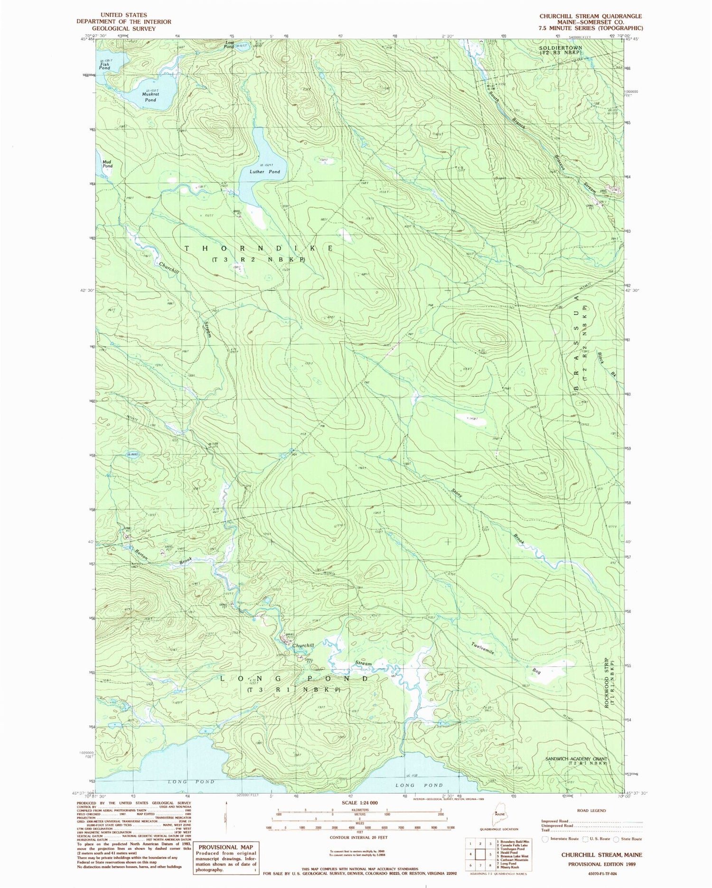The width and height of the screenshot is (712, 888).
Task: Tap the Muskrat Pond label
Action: coord(150,97)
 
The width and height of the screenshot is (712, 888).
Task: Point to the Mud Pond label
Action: coord(108,164)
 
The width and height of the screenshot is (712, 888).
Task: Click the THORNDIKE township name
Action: coord(259,248)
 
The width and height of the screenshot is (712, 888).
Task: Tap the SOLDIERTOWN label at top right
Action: coord(561,48)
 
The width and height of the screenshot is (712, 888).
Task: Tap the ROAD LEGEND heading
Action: coord(591,811)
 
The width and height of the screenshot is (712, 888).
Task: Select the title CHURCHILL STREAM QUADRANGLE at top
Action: coord(590,16)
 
